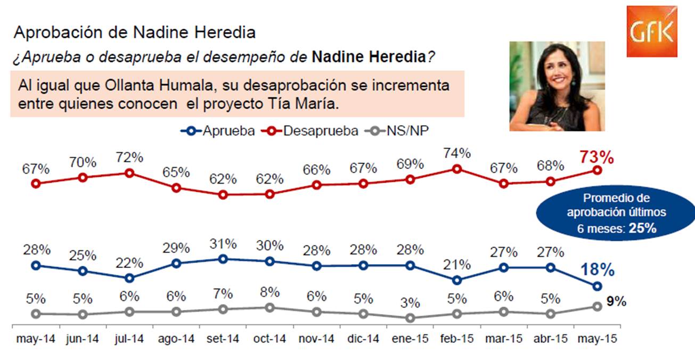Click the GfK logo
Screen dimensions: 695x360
click(x=652, y=31)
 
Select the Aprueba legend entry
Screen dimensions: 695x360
click(x=217, y=131)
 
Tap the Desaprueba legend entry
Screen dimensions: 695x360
click(x=309, y=131)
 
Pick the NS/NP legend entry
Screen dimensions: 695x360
click(x=397, y=131)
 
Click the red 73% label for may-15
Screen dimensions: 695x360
click(x=596, y=157)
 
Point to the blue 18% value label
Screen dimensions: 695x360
click(x=597, y=269)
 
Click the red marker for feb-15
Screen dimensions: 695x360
click(x=457, y=169)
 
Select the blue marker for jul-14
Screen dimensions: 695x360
click(x=129, y=278)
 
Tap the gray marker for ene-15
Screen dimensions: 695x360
click(x=410, y=318)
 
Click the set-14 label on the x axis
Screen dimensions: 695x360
click(x=223, y=339)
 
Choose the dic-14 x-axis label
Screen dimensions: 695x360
click(x=363, y=339)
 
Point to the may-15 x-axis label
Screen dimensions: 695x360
click(x=597, y=339)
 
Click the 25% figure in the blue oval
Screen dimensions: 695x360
click(x=643, y=228)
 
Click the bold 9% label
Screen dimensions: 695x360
click(x=616, y=301)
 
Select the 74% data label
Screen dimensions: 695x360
click(x=457, y=153)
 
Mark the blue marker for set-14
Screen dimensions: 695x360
click(x=223, y=259)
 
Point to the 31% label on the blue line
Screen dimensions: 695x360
click(x=223, y=244)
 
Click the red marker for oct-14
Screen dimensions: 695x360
click(x=270, y=194)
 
